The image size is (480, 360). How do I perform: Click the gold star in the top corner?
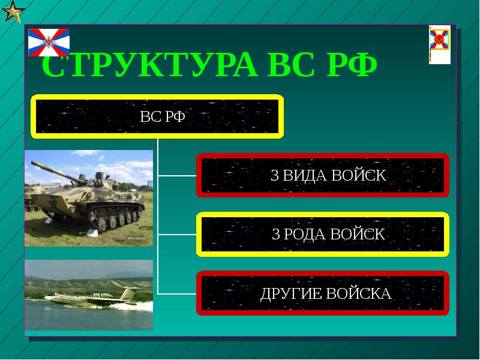coord(12,11)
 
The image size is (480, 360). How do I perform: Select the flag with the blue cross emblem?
coord(49,42)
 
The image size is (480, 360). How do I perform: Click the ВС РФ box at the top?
coord(157,116)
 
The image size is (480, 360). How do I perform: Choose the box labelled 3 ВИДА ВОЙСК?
coord(323,176)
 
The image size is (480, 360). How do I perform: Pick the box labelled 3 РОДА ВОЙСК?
coord(323,234)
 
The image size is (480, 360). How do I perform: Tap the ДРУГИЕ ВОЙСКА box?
coord(323,293)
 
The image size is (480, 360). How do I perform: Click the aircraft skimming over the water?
coord(90,298)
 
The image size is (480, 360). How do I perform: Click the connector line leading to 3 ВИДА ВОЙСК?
coord(178,176)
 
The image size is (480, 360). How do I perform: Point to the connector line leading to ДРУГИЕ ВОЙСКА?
coord(178,293)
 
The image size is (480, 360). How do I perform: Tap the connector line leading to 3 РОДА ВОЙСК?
coord(178,234)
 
